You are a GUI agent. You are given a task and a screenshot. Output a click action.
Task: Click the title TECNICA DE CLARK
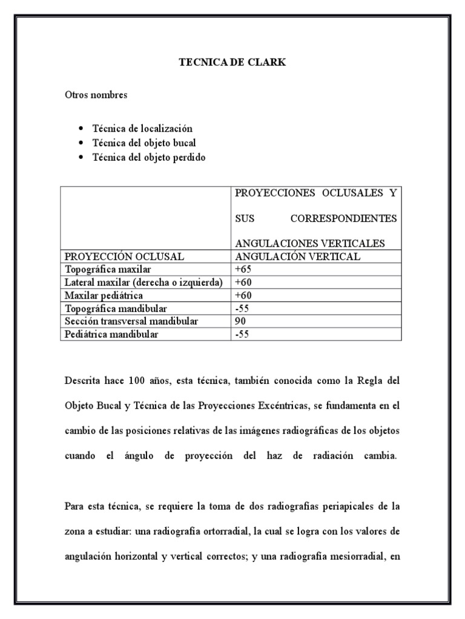point(232,62)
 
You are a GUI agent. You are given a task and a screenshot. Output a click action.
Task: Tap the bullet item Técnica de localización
point(142,129)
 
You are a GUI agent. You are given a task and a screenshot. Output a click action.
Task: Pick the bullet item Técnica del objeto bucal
point(143,143)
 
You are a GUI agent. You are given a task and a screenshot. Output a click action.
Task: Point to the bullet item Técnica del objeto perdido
point(148,158)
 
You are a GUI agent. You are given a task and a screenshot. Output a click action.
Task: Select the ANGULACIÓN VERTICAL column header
point(297,256)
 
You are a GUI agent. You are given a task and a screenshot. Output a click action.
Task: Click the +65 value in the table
point(243,269)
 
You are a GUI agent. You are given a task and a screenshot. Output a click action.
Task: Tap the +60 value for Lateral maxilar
point(243,282)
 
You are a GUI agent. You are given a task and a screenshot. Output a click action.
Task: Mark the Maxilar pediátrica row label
point(104,296)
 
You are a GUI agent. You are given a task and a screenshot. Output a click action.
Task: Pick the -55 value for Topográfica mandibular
point(242,308)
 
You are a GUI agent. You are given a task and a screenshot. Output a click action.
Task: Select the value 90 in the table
point(240,322)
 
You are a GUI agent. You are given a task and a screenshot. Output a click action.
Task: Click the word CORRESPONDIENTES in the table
point(343,218)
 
